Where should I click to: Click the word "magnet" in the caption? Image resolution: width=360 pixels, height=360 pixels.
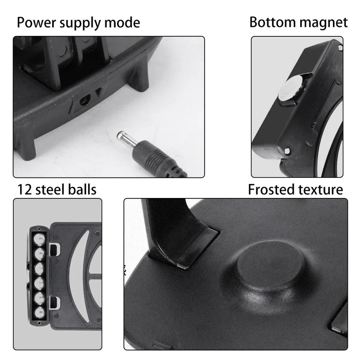tap(325, 22)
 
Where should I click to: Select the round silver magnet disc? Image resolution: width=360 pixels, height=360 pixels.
tap(290, 88)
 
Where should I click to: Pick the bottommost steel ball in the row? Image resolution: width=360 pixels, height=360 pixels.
tap(39, 311)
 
